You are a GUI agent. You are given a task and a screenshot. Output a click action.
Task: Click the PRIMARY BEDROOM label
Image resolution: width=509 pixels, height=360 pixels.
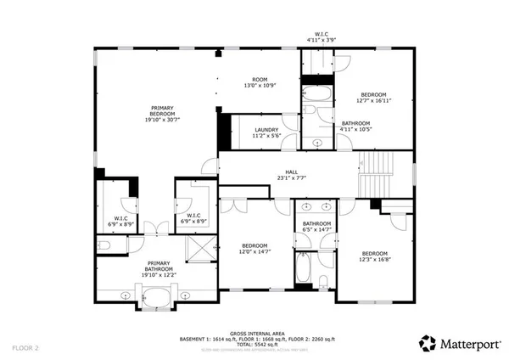162,114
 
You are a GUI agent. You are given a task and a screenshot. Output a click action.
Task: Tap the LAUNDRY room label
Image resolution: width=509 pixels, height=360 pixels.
266,132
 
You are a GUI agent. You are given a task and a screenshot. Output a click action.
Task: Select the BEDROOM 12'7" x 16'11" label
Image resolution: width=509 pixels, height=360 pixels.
374,98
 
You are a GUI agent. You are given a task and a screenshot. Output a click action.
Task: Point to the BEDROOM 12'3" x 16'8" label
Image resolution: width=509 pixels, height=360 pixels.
374,257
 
